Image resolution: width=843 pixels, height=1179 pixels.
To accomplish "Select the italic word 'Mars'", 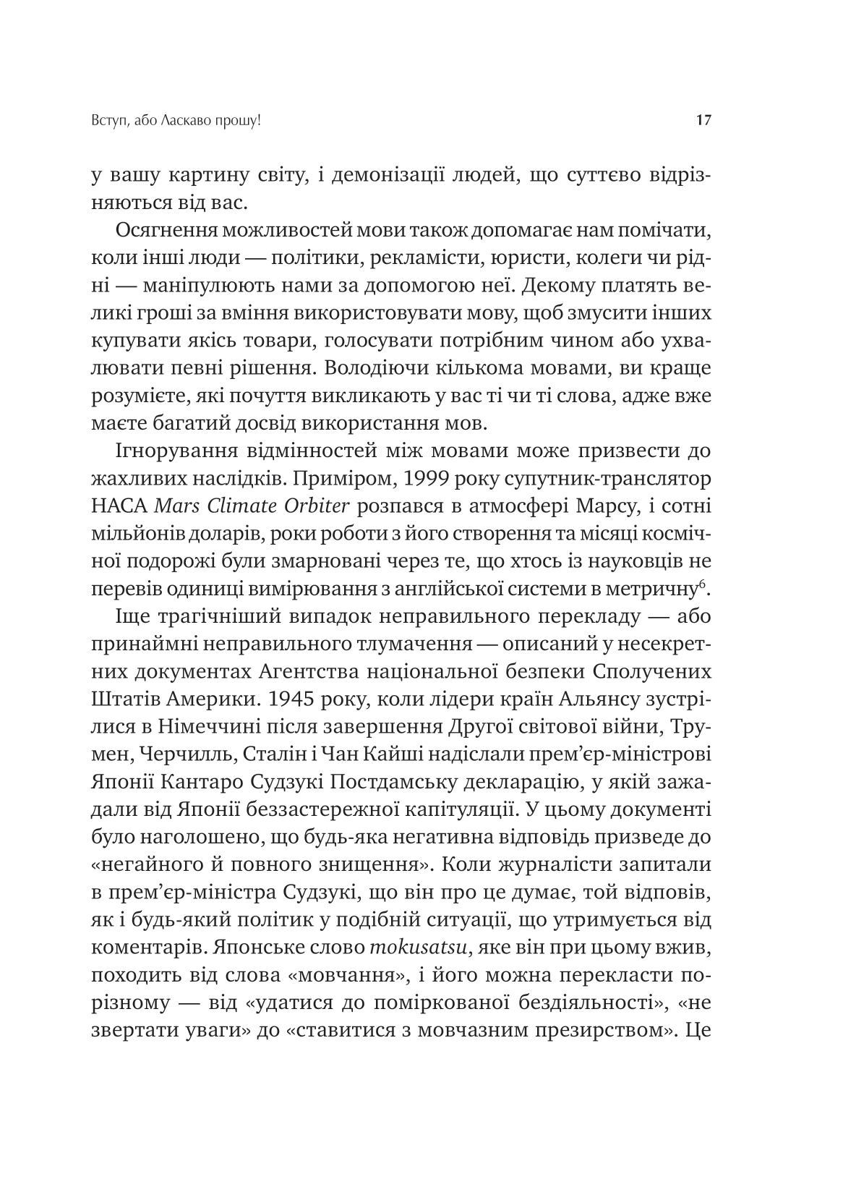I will pos(176,506).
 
